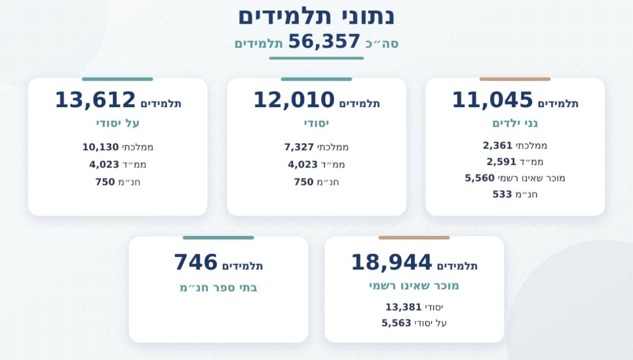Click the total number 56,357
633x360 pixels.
point(324,42)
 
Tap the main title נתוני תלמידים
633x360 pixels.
point(316,16)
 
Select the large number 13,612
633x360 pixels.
point(95,100)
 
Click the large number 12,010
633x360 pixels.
point(294,100)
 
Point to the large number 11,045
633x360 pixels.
point(493,100)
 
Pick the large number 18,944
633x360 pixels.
point(391,262)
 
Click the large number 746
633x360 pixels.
point(196,262)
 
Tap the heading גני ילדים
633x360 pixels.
point(515,124)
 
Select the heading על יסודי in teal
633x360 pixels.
point(118,124)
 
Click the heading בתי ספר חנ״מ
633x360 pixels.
point(218,288)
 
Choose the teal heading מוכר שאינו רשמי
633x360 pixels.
point(414,286)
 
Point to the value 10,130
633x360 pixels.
point(100,147)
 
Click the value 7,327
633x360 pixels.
point(299,147)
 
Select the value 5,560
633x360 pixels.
point(480,178)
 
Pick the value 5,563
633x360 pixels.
point(397,323)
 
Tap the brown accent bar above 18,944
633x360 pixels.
point(414,238)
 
